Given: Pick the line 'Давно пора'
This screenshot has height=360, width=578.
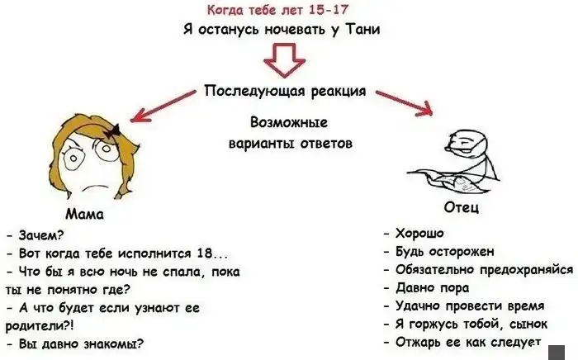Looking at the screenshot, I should pyautogui.click(x=432, y=288).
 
